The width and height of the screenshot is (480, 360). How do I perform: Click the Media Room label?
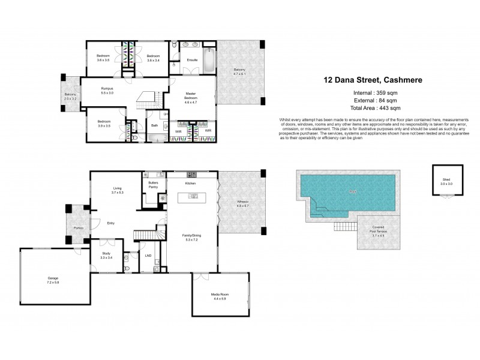pos(219,295)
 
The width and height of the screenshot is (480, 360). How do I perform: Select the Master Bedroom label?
pos(191,95)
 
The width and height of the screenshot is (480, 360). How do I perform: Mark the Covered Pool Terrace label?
pos(378,230)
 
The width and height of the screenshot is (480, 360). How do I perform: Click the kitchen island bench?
pos(196,197)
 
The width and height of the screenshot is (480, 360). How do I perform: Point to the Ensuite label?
pos(193,60)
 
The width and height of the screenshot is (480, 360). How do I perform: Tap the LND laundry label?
pos(148,256)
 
